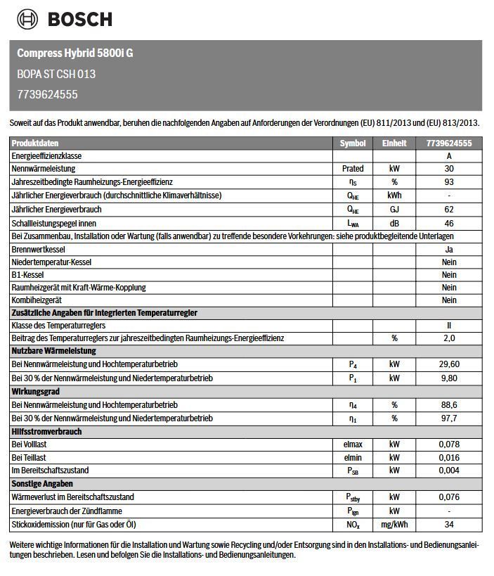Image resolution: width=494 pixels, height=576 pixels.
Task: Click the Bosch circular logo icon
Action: click(x=28, y=19)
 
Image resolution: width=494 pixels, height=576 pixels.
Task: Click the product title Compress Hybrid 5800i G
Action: click(x=74, y=53)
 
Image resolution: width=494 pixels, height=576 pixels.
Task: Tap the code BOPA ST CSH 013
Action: click(x=56, y=73)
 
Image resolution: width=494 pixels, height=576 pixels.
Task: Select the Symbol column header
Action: click(x=353, y=143)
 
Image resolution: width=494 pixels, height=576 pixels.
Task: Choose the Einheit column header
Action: click(x=394, y=143)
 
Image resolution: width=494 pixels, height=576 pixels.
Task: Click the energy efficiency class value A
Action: click(x=449, y=155)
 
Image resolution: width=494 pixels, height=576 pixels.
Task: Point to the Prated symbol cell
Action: click(x=353, y=169)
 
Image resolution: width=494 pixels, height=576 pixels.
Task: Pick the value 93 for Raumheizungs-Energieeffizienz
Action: click(x=449, y=182)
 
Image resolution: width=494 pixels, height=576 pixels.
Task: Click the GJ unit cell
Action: click(x=394, y=209)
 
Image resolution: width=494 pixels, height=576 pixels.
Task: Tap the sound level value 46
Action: click(x=449, y=222)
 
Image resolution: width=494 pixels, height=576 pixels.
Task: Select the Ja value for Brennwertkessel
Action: click(x=449, y=249)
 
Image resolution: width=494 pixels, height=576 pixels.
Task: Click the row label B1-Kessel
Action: click(x=28, y=274)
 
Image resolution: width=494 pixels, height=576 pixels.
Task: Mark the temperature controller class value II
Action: click(x=449, y=326)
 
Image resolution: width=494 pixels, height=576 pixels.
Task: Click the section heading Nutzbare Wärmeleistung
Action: click(x=54, y=351)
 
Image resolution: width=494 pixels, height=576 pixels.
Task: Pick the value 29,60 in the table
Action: click(x=449, y=364)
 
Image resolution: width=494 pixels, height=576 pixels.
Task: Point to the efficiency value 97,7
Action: click(x=449, y=418)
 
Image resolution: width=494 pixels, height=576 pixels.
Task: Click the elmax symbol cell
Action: click(x=353, y=444)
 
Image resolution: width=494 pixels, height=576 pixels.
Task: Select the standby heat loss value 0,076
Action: click(x=449, y=497)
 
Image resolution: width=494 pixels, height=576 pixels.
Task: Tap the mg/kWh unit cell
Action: click(x=394, y=525)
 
